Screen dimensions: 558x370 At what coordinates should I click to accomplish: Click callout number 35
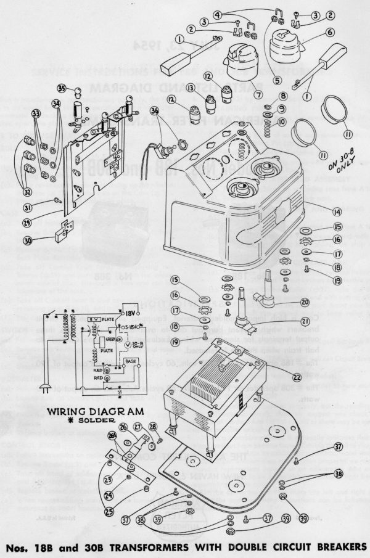[79, 89]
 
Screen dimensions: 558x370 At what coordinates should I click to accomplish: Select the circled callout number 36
[154, 110]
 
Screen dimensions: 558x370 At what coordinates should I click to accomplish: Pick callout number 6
[330, 32]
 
